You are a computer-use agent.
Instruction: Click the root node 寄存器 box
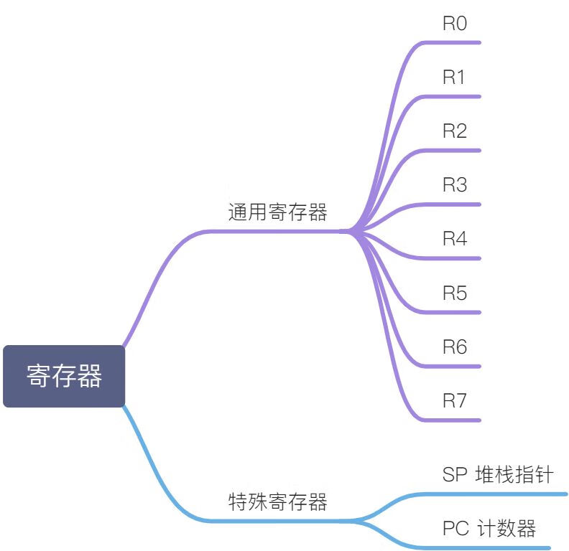tap(64, 376)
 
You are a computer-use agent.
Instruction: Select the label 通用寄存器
tap(277, 212)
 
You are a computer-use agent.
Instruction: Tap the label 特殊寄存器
tap(277, 501)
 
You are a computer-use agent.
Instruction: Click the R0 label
tap(455, 23)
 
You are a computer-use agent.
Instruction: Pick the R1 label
tap(453, 77)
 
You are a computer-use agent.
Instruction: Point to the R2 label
tap(455, 131)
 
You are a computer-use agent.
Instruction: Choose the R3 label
tap(455, 185)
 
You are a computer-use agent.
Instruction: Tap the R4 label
tap(455, 238)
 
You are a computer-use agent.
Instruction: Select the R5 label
tap(455, 293)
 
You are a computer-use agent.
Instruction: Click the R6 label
tap(455, 347)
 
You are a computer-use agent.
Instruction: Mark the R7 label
tap(454, 400)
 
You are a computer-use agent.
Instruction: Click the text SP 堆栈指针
tap(498, 474)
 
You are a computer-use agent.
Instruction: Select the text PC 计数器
tap(489, 528)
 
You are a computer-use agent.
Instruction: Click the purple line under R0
tap(452, 43)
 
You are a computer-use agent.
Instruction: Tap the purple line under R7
tap(452, 420)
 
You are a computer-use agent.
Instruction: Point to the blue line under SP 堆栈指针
tap(494, 494)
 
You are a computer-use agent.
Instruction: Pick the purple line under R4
tap(452, 258)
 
